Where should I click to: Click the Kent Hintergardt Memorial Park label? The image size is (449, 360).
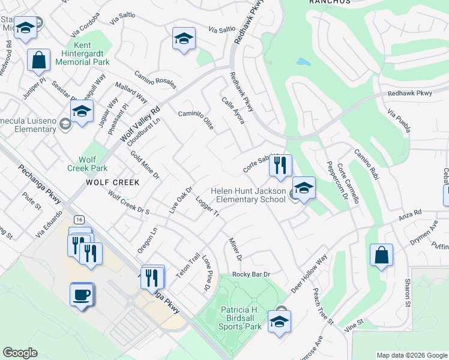92,53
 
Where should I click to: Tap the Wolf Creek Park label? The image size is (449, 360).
92,164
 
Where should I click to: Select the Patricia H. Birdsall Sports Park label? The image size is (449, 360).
232,318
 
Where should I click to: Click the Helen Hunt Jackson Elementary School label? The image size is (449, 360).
248,195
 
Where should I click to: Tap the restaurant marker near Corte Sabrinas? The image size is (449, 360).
280,166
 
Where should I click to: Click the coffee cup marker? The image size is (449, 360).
82,295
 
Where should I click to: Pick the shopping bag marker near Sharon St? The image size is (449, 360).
381,256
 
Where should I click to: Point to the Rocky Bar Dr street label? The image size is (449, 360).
252,274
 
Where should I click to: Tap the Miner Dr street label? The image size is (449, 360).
235,249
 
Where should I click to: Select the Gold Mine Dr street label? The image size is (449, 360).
145,165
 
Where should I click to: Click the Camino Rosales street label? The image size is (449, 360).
155,79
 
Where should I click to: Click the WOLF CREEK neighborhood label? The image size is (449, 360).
112,182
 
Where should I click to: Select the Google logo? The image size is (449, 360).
20,353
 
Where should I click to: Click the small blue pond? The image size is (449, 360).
303,62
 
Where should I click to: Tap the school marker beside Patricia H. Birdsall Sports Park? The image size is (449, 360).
279,321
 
